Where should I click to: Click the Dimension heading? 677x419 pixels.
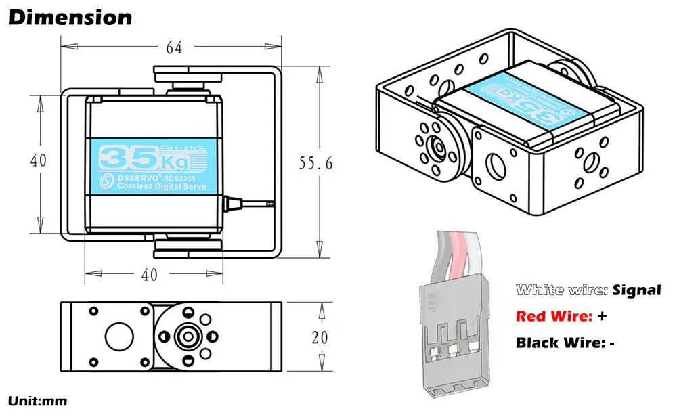point(70,18)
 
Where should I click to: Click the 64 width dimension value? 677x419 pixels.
point(174,47)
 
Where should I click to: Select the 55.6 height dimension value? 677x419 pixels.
point(316,163)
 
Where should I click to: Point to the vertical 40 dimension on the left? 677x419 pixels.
point(39,161)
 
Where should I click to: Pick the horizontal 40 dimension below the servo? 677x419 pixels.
point(149,274)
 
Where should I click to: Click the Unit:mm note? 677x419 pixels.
point(38,401)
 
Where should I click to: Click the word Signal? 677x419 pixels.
point(636,290)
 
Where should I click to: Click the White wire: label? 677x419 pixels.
point(561,290)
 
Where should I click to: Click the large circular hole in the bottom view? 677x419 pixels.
point(119,336)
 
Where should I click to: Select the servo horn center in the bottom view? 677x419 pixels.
point(185,336)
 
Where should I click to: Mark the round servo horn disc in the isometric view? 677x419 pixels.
point(437,146)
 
